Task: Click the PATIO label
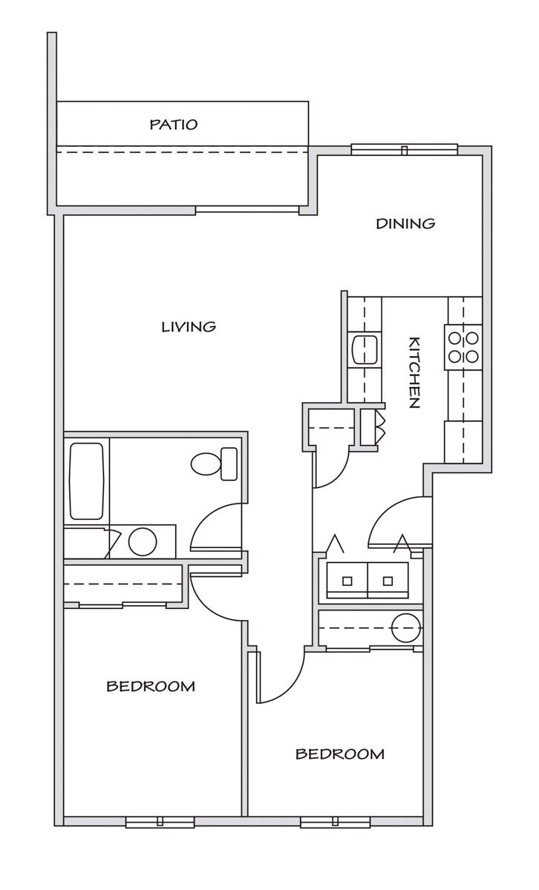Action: (x=174, y=125)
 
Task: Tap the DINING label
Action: (x=405, y=223)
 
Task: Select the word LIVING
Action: (x=189, y=326)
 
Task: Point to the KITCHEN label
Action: (x=414, y=372)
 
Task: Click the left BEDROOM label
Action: (x=151, y=686)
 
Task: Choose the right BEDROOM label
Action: (x=340, y=754)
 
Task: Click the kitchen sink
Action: (x=365, y=349)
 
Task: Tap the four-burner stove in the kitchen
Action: (x=463, y=348)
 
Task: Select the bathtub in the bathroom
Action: (x=87, y=481)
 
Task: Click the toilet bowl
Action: (x=206, y=464)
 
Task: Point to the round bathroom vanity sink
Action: (x=143, y=541)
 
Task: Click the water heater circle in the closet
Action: (x=406, y=628)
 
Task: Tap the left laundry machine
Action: (x=347, y=580)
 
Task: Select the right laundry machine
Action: (x=388, y=580)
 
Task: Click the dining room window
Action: (x=405, y=149)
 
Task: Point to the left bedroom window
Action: (x=160, y=822)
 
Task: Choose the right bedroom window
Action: (x=335, y=822)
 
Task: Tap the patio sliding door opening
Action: (x=247, y=210)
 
